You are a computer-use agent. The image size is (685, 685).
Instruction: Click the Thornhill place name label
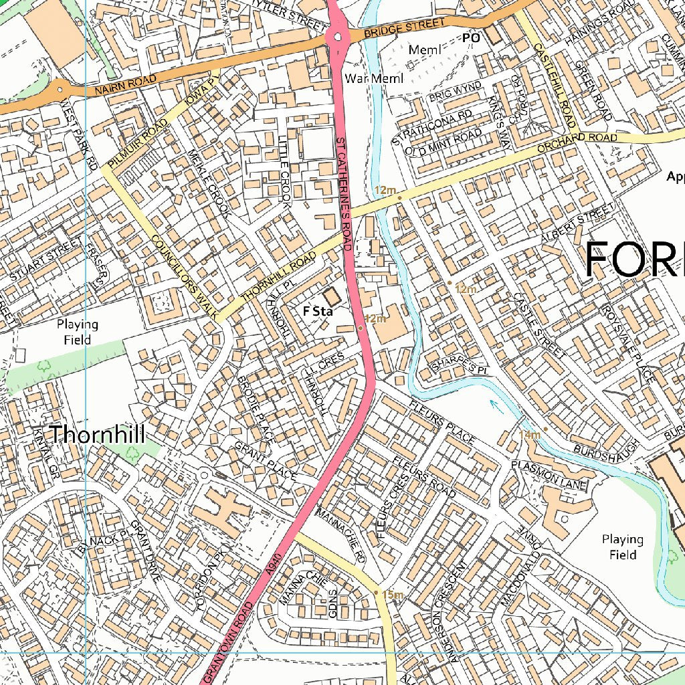coord(97,434)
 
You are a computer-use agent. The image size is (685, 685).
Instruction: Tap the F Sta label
coord(318,311)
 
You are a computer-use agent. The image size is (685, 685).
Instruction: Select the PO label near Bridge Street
coord(472,39)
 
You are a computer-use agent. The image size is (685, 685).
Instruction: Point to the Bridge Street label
coord(404,28)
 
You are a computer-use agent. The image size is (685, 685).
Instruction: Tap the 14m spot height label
coord(530,435)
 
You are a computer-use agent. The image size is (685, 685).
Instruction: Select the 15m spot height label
coord(393,595)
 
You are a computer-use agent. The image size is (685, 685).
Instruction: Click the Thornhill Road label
coord(278,276)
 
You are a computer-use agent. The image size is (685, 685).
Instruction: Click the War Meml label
coord(375,79)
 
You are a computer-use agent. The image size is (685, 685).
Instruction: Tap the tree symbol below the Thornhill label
coord(132,452)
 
